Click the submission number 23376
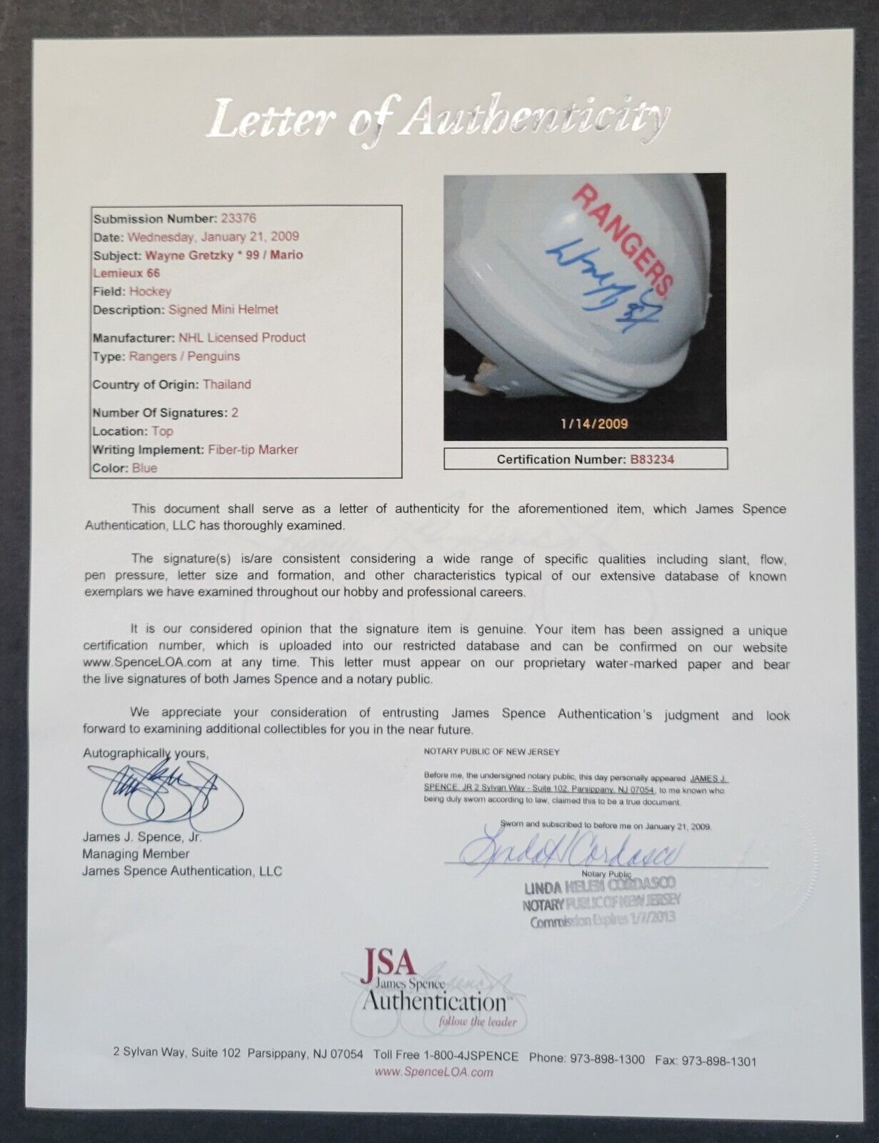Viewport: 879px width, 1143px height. coord(238,219)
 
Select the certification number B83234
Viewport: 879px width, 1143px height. coord(651,459)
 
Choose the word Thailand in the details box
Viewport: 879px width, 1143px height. coord(226,384)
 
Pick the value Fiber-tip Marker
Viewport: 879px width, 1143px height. coord(253,450)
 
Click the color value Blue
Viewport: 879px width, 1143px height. coord(144,469)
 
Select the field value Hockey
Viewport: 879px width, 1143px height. coord(150,291)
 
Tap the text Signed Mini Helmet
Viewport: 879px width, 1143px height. coord(223,310)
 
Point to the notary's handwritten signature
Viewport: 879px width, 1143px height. coord(571,851)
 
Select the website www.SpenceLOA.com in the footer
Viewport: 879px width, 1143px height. coord(433,1072)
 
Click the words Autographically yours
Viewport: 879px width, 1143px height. coord(146,754)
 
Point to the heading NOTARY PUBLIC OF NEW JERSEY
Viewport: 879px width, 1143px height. coord(492,752)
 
